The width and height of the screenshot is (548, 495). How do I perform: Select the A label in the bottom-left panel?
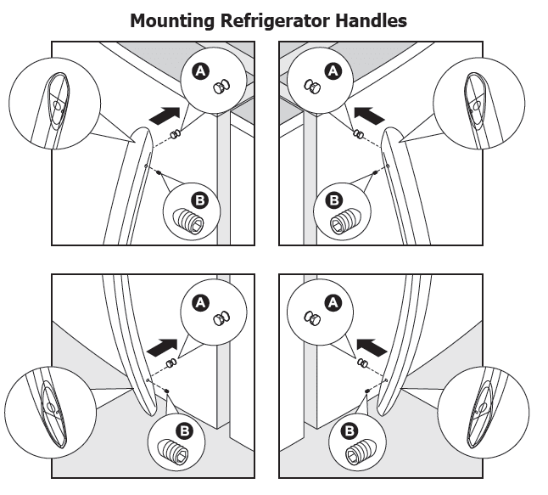201,301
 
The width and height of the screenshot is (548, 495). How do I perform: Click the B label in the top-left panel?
200,200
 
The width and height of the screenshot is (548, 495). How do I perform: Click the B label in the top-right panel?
334,200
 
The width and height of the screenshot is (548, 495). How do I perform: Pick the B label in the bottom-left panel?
187,430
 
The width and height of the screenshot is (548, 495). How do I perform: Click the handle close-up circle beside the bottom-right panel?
486,412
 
